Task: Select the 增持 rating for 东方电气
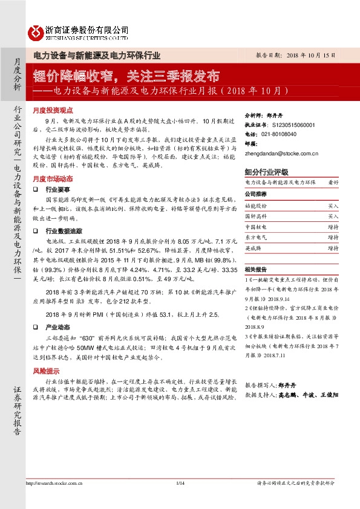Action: click(x=333, y=236)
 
